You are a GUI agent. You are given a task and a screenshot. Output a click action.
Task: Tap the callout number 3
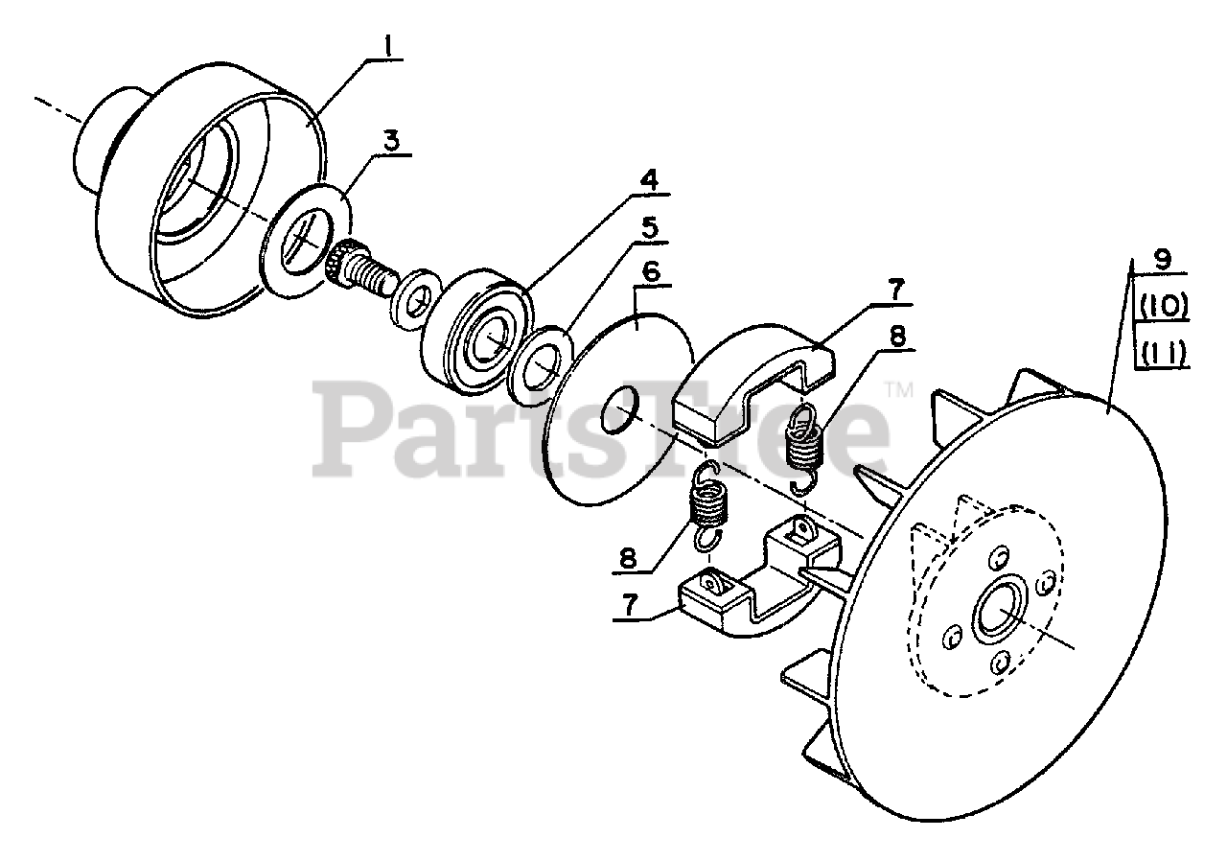(x=391, y=140)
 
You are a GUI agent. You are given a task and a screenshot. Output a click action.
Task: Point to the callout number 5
(x=649, y=228)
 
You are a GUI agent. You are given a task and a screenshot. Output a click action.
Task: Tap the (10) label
(x=1163, y=306)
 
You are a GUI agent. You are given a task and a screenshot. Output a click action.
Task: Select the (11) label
(x=1163, y=354)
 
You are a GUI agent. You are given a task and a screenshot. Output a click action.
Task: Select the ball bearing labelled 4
(x=475, y=331)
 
